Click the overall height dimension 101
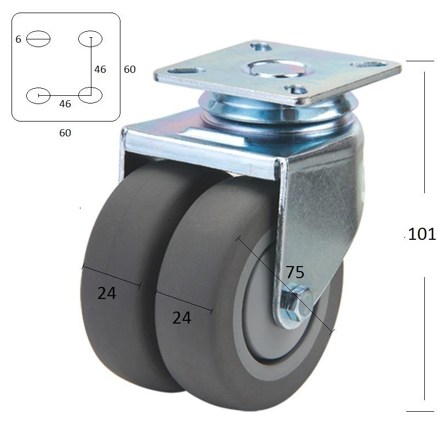[422, 234]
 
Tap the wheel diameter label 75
[295, 272]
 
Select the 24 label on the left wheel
[106, 293]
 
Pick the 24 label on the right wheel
[182, 318]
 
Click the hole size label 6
[19, 39]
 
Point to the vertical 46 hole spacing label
[100, 70]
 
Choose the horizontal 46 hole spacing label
[65, 104]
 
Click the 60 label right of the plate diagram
[130, 70]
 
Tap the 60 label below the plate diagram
[65, 132]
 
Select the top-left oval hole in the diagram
[38, 39]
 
